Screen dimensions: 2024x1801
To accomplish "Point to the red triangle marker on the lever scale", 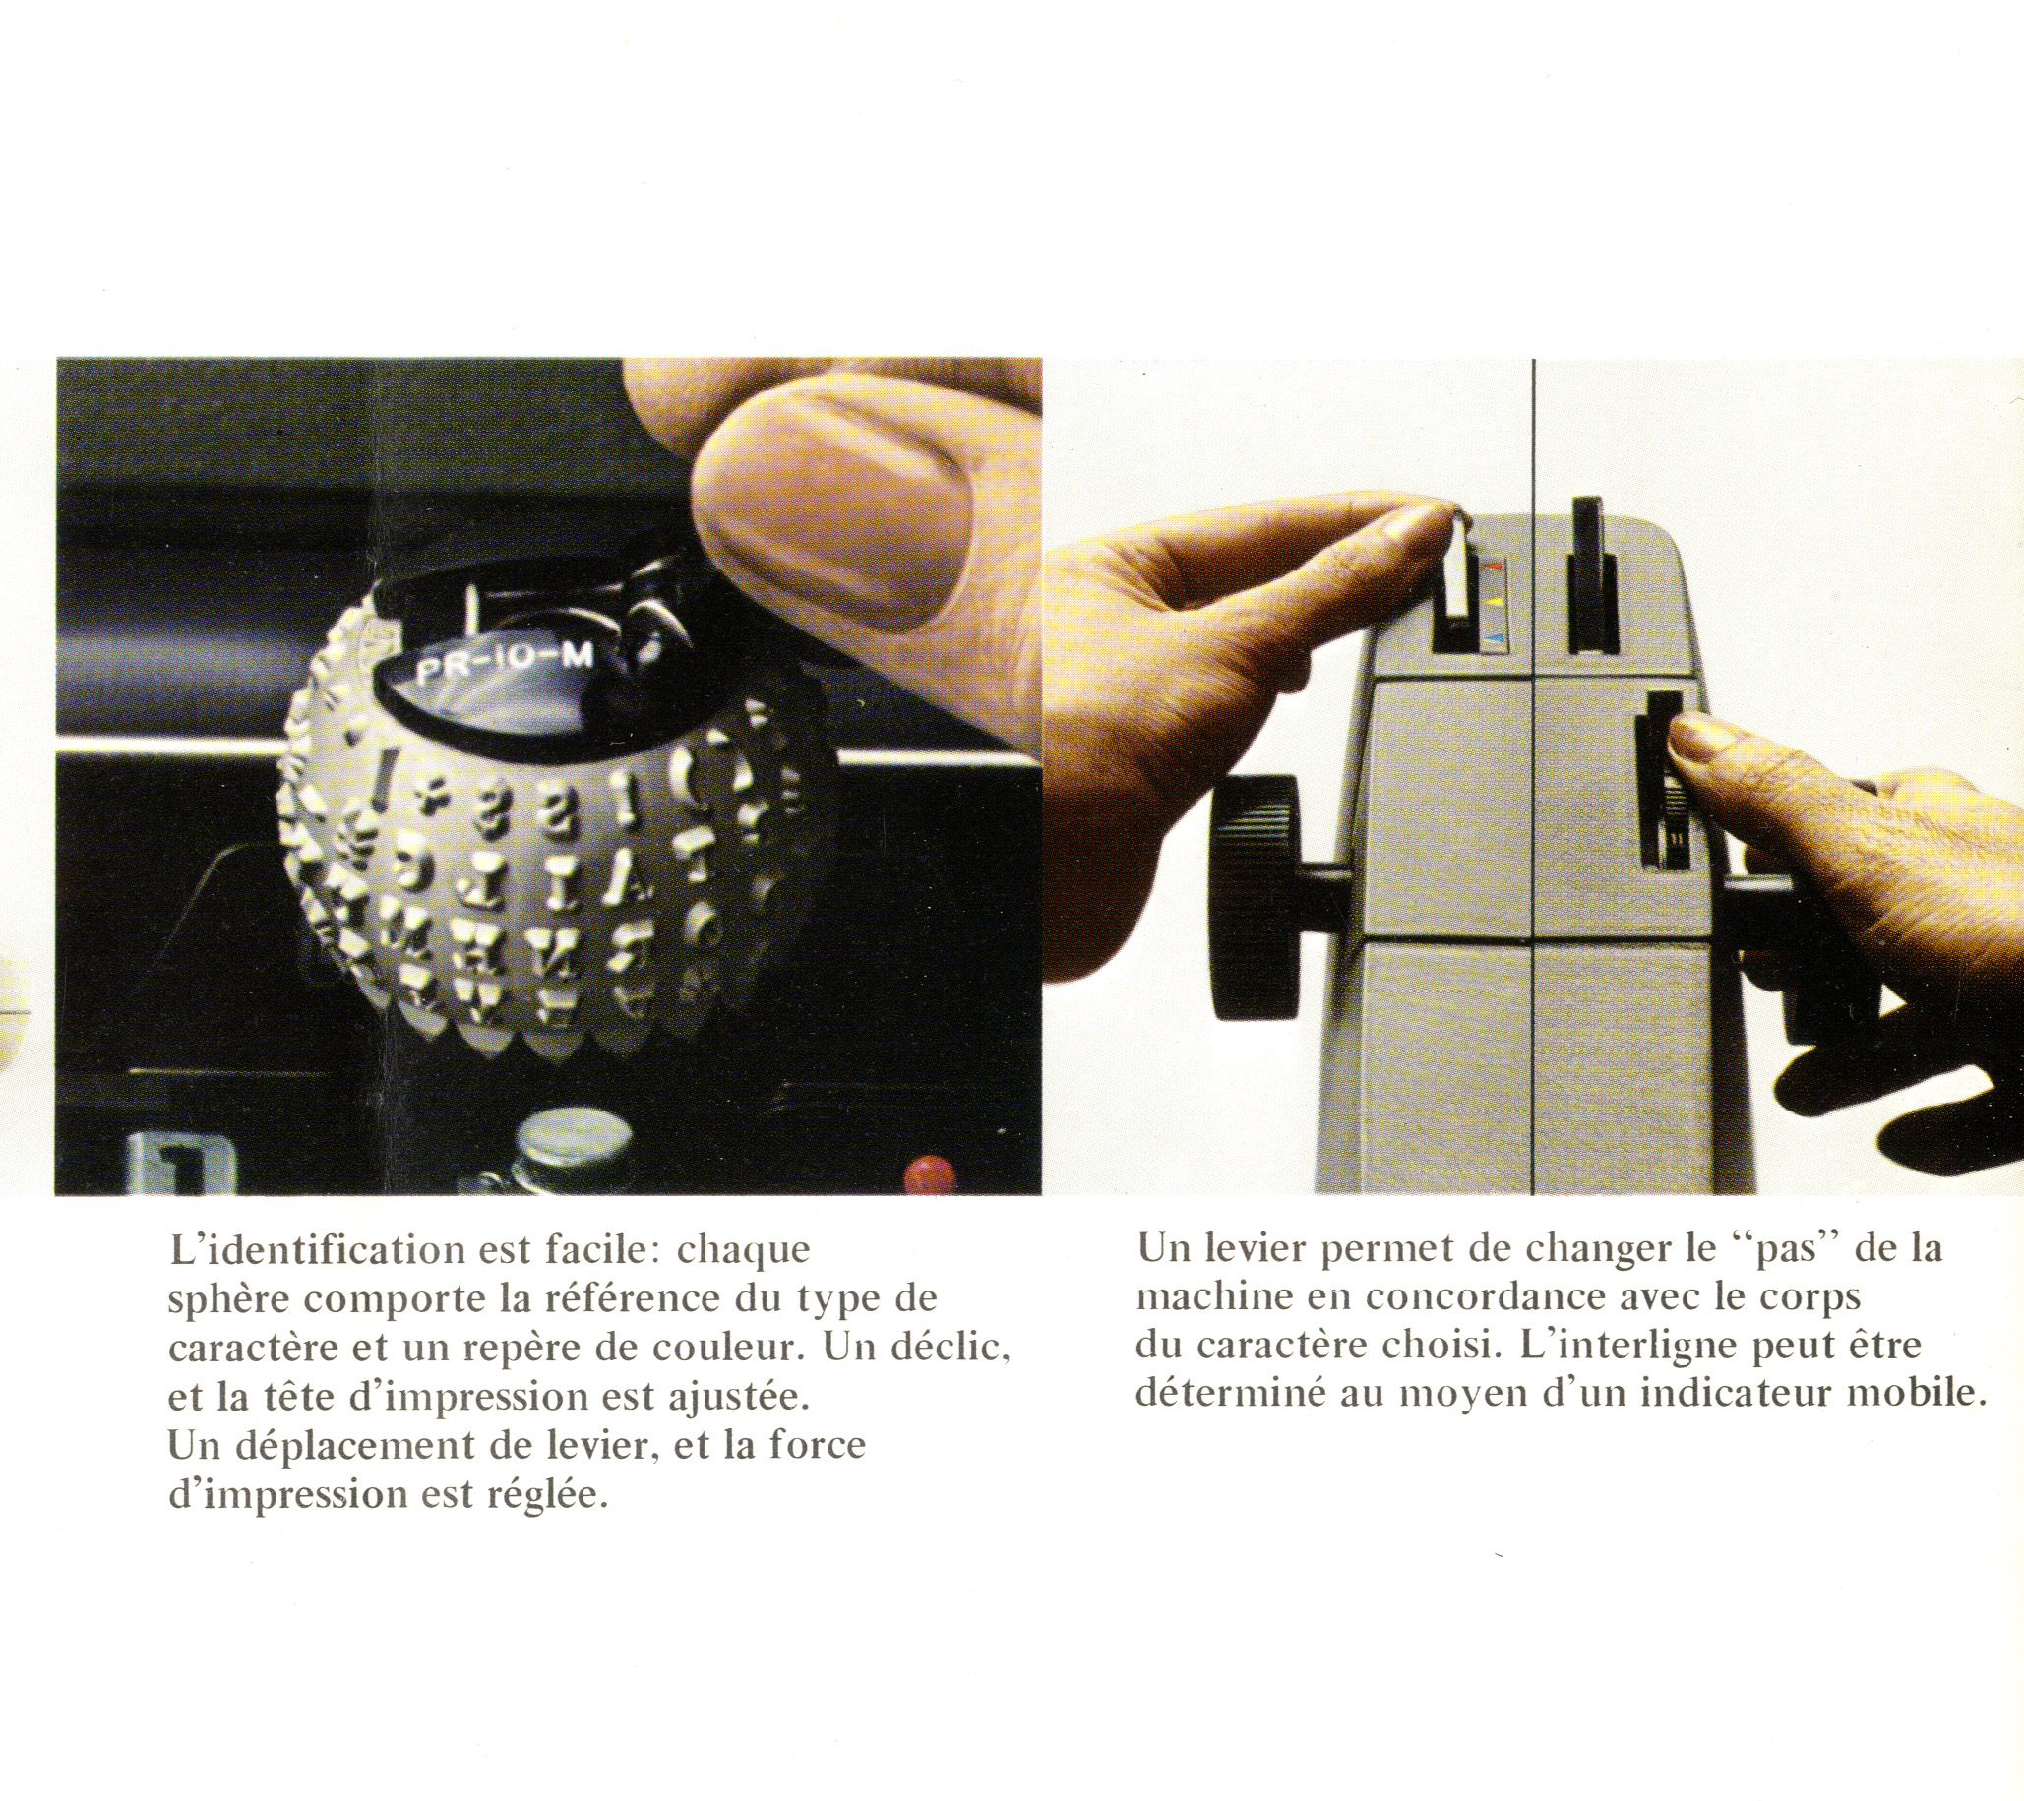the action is click(x=1497, y=568).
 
